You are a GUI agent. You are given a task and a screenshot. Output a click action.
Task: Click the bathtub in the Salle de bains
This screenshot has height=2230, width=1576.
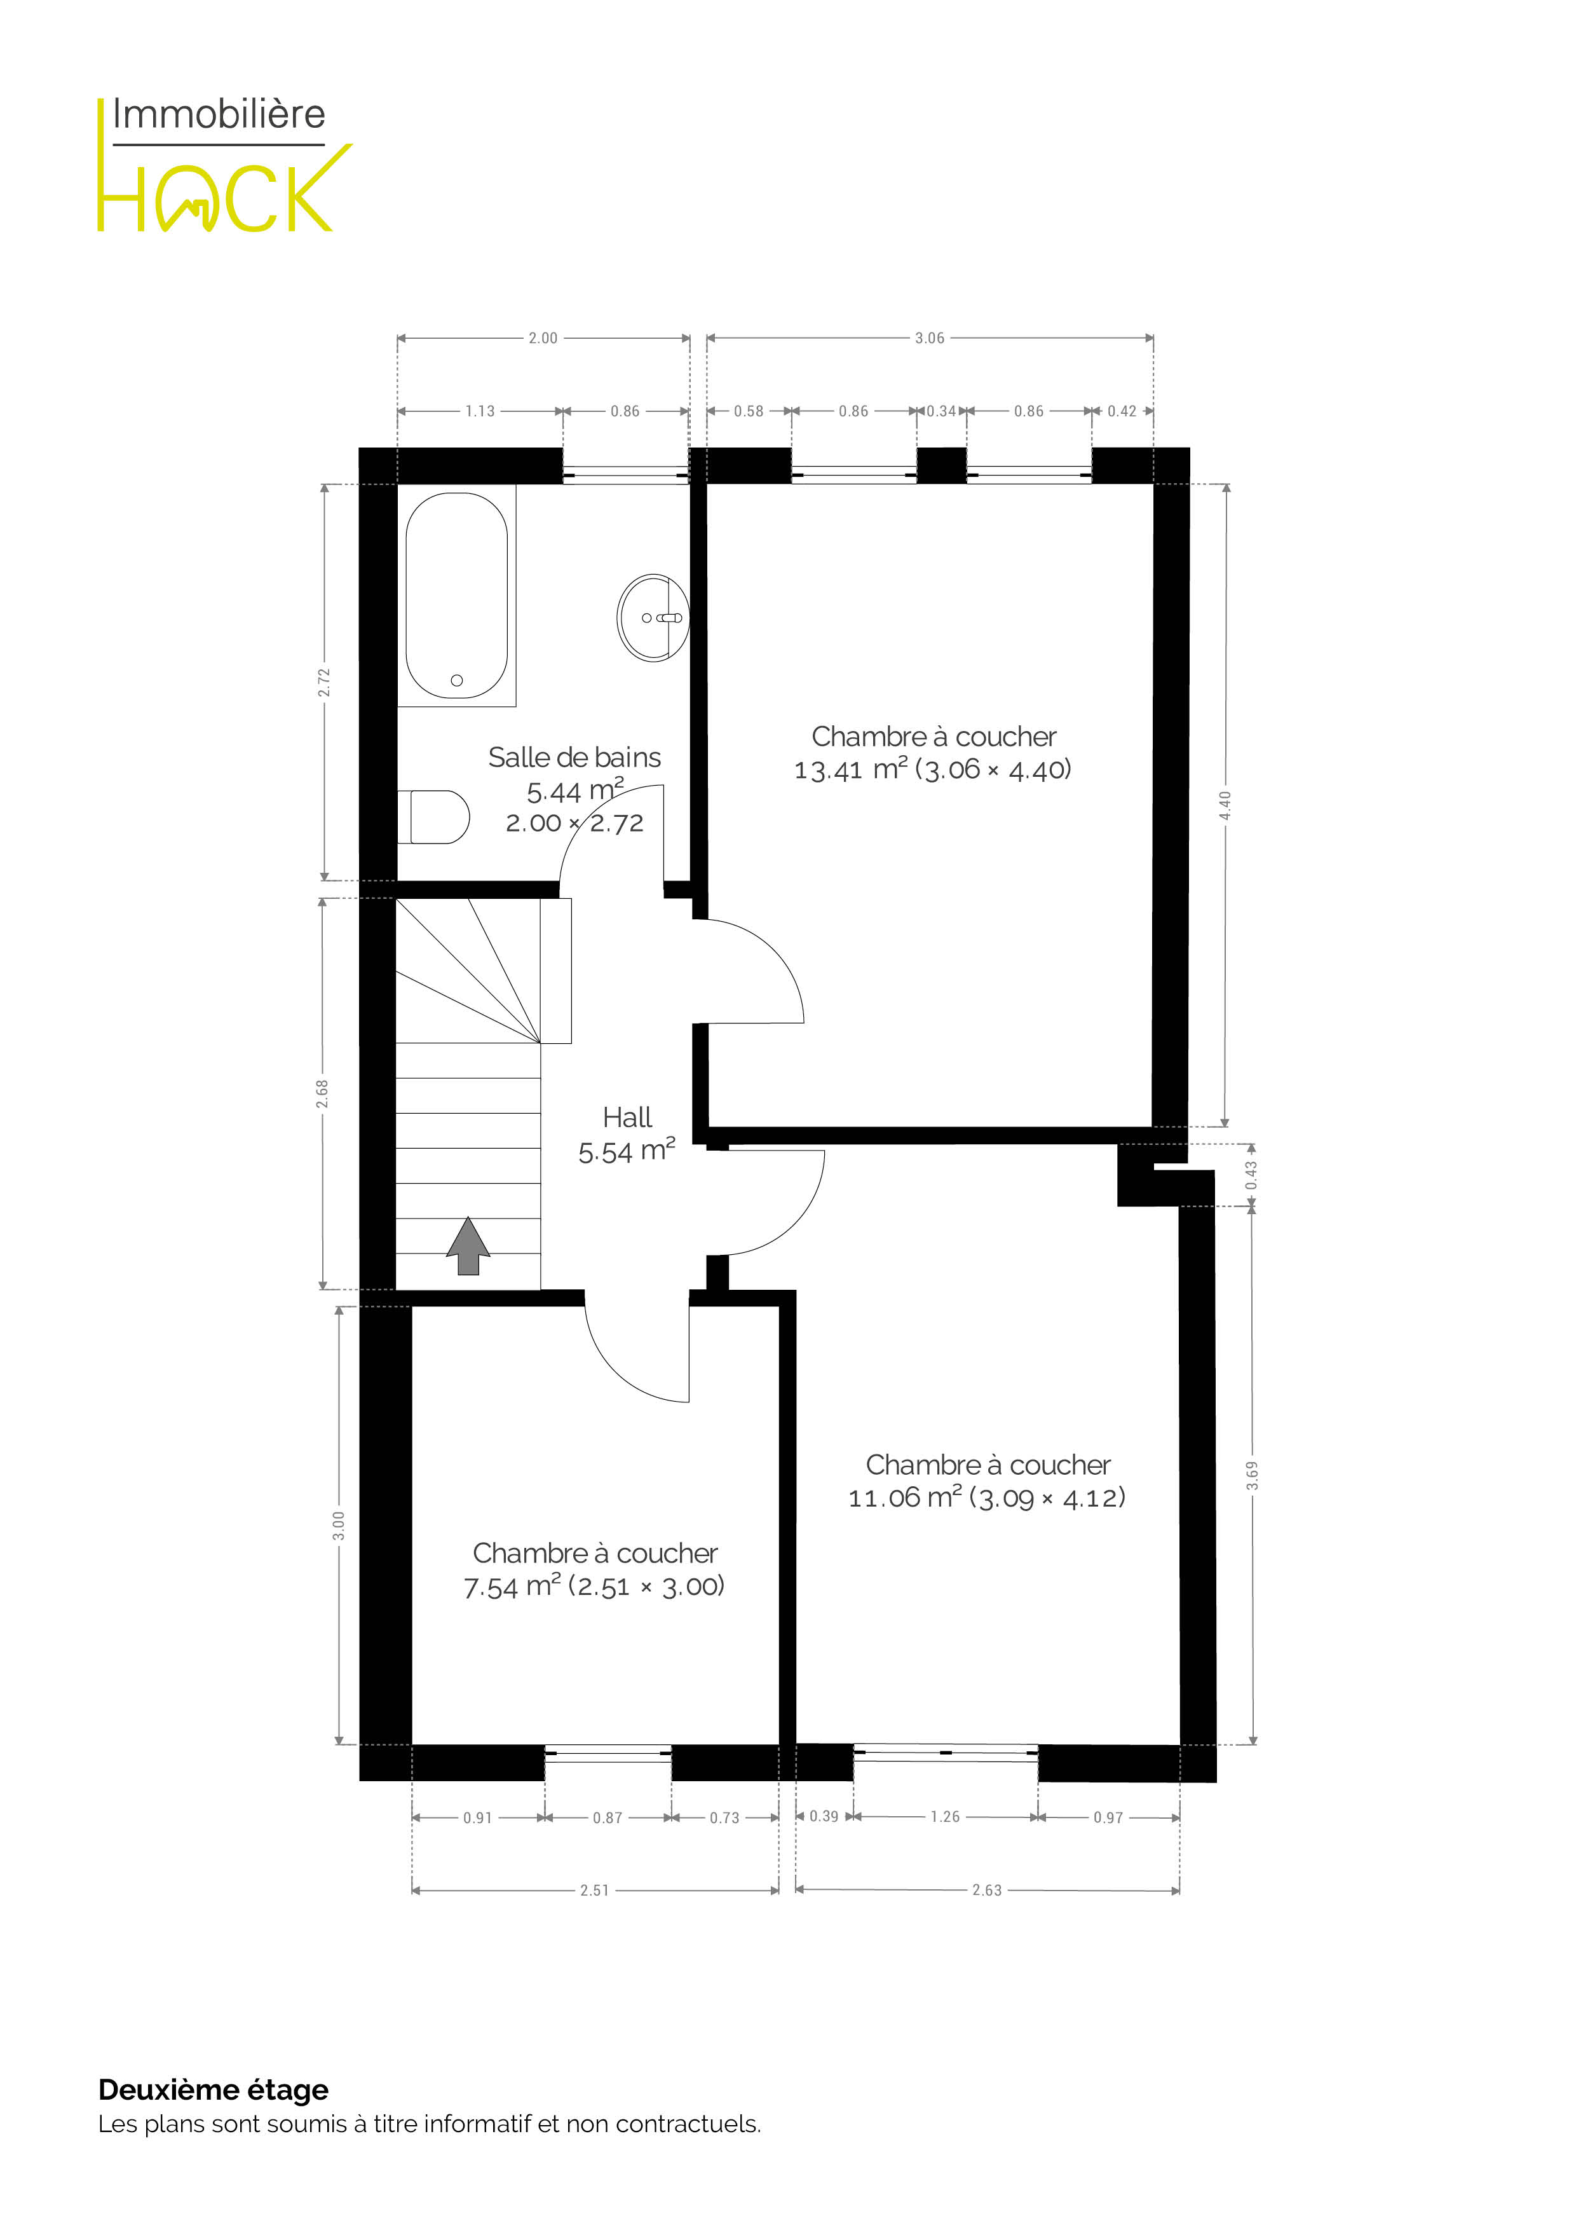click(456, 596)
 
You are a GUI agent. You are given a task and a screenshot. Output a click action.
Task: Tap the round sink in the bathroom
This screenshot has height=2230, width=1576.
click(653, 618)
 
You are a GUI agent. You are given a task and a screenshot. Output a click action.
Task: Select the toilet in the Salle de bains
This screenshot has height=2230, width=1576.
click(433, 817)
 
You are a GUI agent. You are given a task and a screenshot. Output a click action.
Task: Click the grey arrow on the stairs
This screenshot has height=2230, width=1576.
click(468, 1245)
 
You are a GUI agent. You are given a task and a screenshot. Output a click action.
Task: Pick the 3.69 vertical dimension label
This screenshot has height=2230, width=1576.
click(1253, 1475)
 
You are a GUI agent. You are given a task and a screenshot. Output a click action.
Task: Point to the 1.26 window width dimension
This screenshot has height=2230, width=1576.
click(945, 1816)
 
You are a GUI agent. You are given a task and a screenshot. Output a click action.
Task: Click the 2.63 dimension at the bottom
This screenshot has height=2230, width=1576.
click(986, 1890)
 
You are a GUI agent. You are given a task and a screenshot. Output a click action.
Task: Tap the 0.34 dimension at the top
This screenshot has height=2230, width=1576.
click(941, 411)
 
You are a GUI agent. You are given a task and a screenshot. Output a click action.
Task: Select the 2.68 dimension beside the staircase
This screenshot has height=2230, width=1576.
click(322, 1093)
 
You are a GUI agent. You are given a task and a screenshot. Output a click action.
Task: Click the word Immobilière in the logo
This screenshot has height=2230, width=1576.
click(219, 114)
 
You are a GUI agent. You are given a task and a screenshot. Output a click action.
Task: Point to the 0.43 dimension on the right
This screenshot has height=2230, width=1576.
click(1252, 1176)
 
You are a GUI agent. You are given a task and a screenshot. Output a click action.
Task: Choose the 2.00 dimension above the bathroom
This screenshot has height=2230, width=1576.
click(543, 338)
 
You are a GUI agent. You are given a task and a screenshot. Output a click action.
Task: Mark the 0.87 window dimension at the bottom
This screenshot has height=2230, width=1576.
click(608, 1817)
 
